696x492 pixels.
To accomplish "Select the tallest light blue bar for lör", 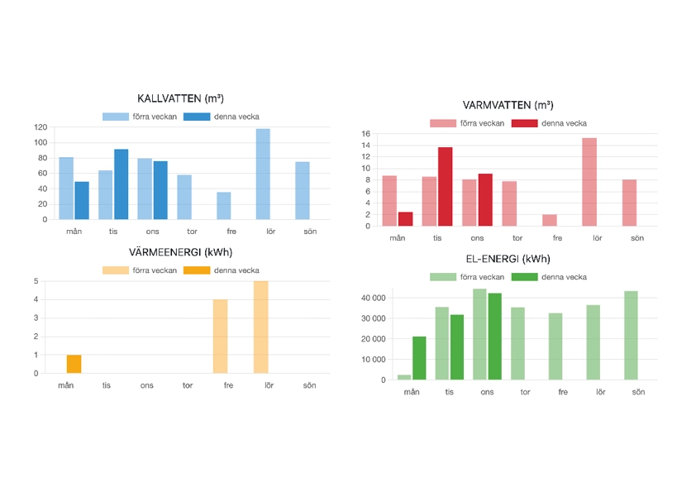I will pyautogui.click(x=263, y=174).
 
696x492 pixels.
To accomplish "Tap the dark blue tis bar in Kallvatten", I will pyautogui.click(x=122, y=184).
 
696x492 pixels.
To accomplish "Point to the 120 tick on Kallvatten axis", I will pyautogui.click(x=41, y=127).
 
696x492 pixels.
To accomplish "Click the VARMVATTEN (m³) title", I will pyautogui.click(x=508, y=105).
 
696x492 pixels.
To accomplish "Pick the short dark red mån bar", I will pyautogui.click(x=405, y=219).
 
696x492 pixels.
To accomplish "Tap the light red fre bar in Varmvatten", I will pyautogui.click(x=550, y=220).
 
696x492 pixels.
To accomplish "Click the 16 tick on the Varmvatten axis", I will pyautogui.click(x=365, y=134).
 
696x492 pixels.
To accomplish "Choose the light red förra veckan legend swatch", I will pyautogui.click(x=443, y=123).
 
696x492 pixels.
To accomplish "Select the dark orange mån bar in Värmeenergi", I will pyautogui.click(x=74, y=364).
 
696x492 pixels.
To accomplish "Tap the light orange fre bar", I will pyautogui.click(x=221, y=337).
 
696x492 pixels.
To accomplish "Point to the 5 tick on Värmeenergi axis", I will pyautogui.click(x=36, y=281).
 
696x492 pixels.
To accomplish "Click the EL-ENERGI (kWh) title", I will pyautogui.click(x=508, y=259).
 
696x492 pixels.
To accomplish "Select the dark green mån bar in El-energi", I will pyautogui.click(x=419, y=358).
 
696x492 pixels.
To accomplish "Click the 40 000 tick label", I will pyautogui.click(x=372, y=298).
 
